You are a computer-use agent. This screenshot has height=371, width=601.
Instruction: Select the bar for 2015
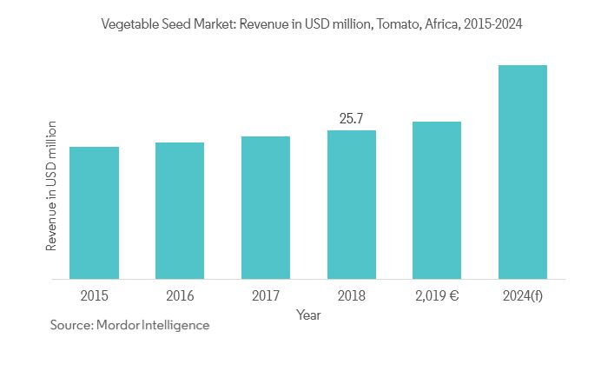pos(94,213)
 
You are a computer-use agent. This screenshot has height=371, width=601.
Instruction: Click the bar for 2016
pos(180,210)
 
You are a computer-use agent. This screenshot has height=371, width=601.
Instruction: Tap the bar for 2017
pos(266,208)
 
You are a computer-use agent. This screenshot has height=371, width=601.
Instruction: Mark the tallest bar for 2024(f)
pos(523,172)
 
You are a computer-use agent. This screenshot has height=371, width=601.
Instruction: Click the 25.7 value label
pos(351,116)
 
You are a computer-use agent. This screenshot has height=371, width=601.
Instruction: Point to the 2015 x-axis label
pos(94,295)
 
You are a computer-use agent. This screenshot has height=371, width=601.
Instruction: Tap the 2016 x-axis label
pos(180,295)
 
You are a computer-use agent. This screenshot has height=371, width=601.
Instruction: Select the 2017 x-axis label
pos(266,295)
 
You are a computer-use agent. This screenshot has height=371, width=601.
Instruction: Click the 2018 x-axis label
pos(352,295)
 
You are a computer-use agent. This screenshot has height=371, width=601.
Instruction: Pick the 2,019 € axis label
pos(437,295)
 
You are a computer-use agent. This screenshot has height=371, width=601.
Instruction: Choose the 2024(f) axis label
pos(523,295)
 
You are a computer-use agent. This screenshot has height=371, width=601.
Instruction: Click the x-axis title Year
pos(308,315)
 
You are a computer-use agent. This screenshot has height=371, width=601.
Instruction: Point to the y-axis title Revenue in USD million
pos(51,187)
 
